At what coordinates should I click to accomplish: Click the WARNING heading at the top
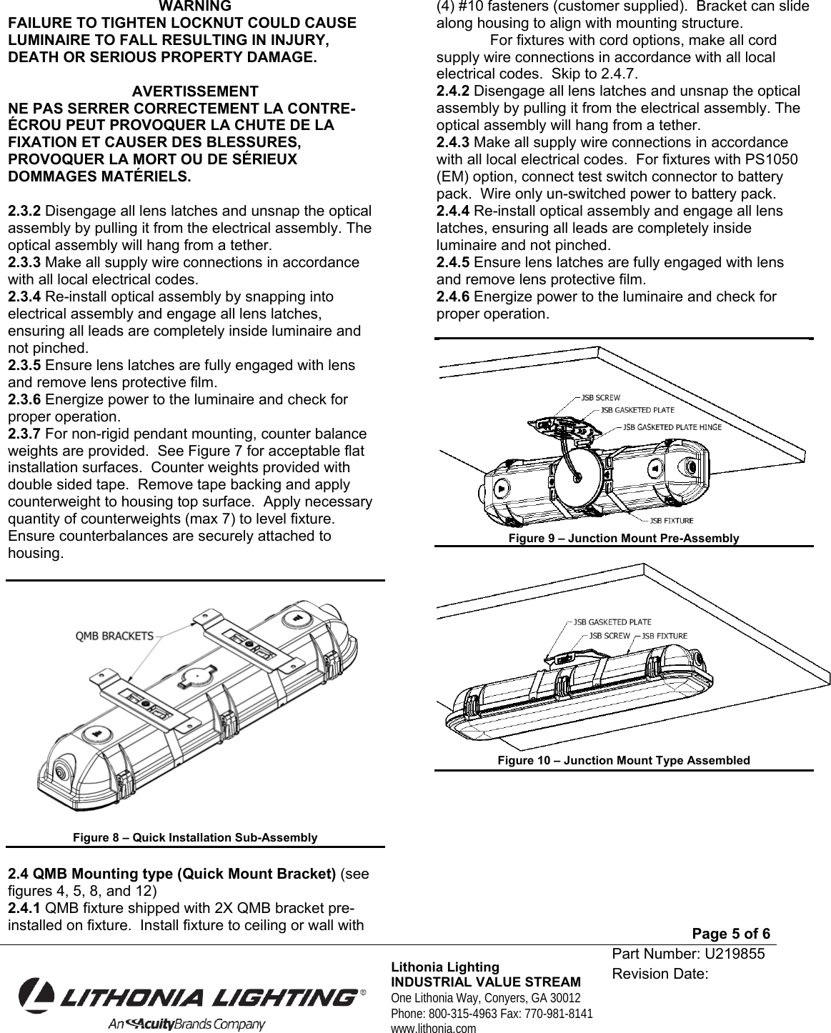coord(194,7)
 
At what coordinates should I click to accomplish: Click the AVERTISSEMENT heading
coord(195,92)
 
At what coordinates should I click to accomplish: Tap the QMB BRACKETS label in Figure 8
coord(114,636)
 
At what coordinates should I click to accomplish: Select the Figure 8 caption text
coord(195,837)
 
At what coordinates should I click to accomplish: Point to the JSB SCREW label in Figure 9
coord(600,397)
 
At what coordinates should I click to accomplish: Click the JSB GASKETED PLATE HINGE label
coord(672,426)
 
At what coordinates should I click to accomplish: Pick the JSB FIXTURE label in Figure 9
coord(672,520)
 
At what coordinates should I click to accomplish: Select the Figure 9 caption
coord(623,538)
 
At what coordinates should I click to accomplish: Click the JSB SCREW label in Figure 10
coord(609,636)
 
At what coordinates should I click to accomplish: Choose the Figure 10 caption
coord(623,760)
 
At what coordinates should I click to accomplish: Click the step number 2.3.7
coord(24,434)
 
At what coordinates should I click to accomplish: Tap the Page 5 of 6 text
coord(732,934)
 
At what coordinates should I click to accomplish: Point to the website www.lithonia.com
coord(433,1028)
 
